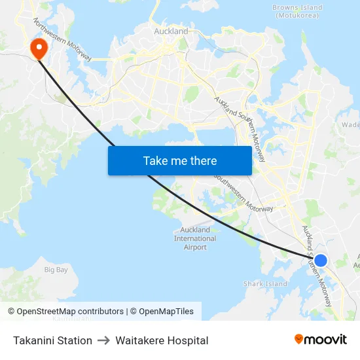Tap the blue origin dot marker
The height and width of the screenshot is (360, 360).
(320, 261)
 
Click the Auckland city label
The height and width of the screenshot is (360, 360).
(171, 31)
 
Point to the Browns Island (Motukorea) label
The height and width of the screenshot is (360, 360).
(298, 11)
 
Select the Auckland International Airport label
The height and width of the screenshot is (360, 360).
(195, 238)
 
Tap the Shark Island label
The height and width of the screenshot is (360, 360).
(265, 284)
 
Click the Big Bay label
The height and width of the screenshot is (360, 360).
(56, 270)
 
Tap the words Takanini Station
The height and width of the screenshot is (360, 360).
(52, 340)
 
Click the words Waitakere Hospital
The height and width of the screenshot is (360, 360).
(162, 340)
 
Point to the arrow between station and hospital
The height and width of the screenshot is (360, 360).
(103, 340)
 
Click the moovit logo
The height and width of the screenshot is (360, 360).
(321, 340)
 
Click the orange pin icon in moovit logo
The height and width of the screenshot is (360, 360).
(299, 340)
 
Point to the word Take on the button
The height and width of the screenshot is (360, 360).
(154, 161)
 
